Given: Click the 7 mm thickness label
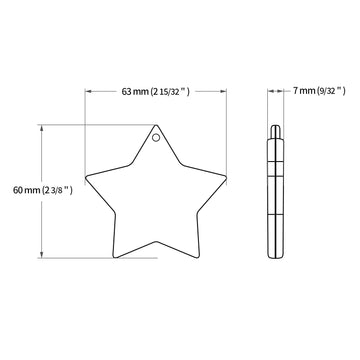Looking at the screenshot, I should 304,90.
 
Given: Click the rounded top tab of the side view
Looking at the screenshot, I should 275,131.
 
